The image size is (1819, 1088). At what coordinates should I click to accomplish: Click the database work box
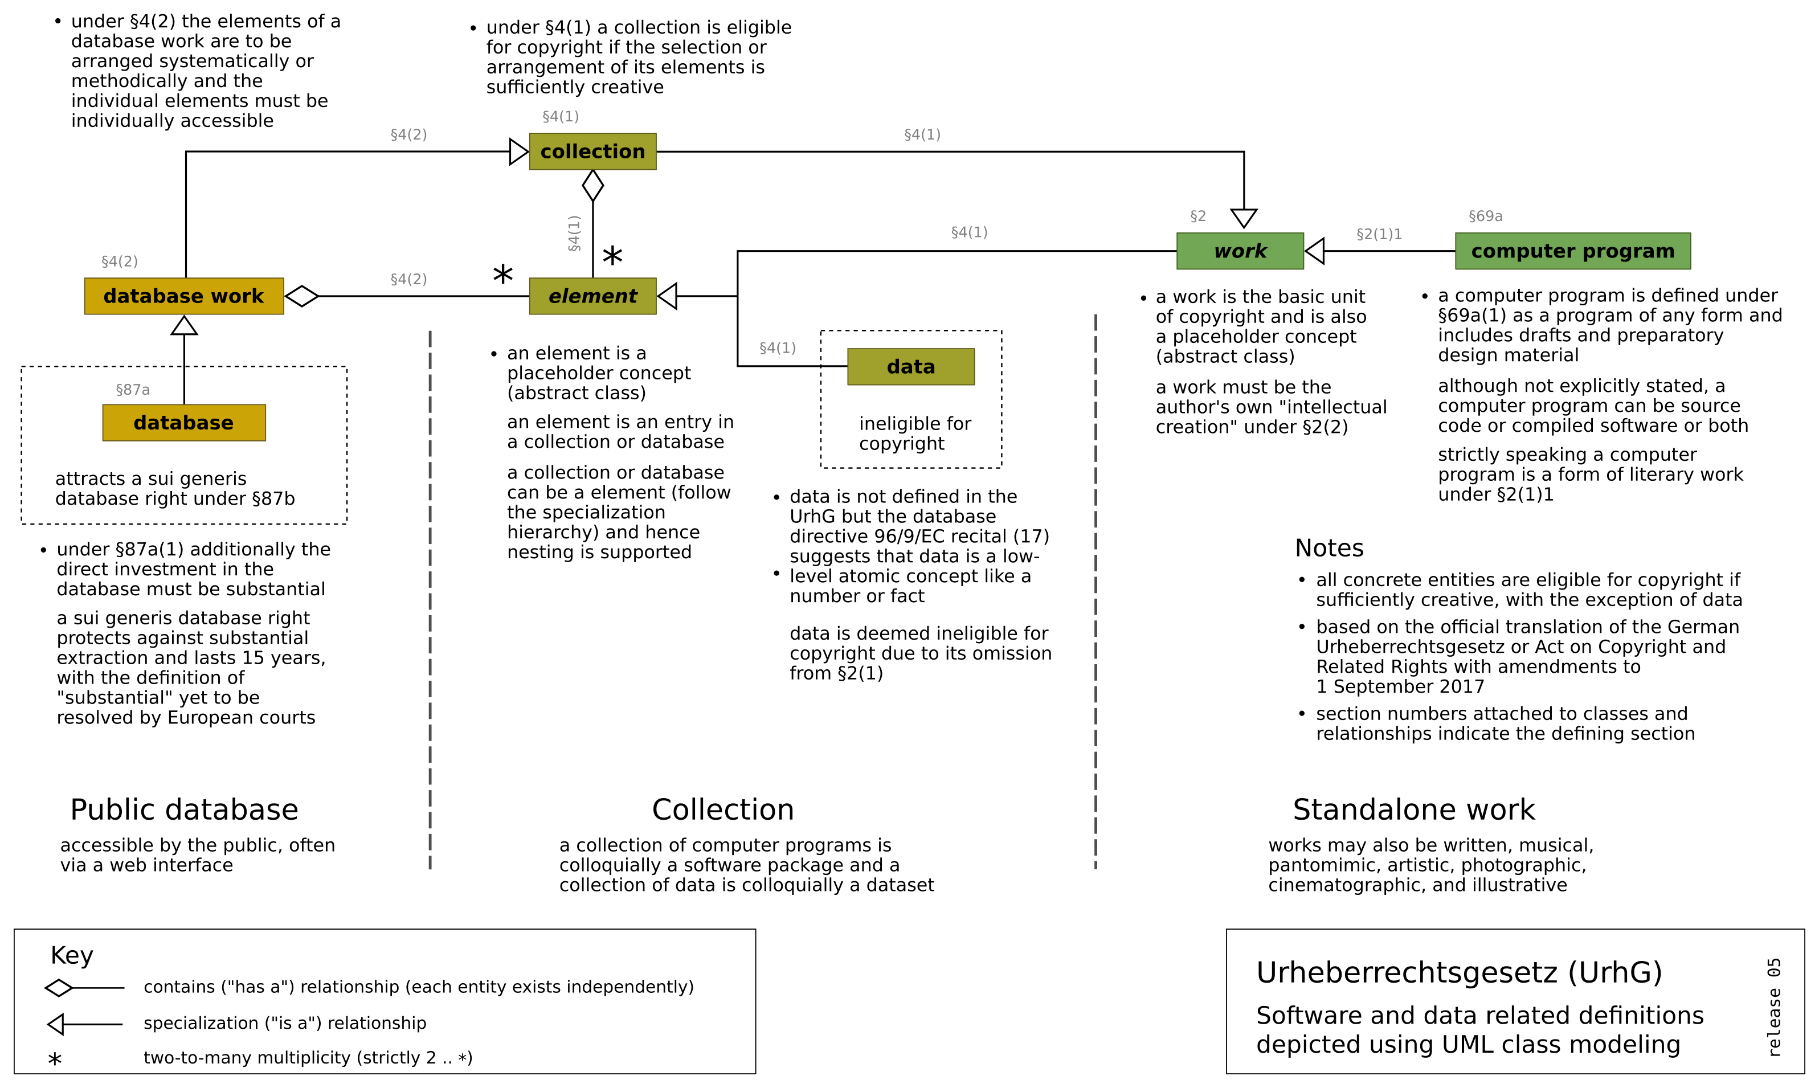pos(184,296)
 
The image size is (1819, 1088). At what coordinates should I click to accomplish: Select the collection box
pos(592,152)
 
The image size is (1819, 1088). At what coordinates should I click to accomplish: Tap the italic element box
pos(592,296)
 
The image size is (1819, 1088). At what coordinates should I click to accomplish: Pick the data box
pos(910,367)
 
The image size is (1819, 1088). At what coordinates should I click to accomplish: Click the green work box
pos(1240,251)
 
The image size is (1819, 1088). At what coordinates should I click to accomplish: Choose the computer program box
pos(1573,251)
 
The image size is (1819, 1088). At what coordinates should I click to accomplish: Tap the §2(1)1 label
pos(1379,235)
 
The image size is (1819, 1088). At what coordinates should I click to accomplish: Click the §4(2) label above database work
pos(120,261)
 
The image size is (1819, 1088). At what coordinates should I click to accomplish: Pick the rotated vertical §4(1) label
pos(574,233)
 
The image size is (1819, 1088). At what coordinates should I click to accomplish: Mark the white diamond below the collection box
pos(592,186)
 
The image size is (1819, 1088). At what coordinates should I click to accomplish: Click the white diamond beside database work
pos(301,296)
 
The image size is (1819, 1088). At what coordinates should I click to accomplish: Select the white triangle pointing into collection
pos(518,152)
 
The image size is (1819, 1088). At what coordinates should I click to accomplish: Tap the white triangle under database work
pos(184,326)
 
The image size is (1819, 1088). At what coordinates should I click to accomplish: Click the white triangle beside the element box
pos(669,296)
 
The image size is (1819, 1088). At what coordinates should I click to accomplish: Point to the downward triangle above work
pos(1244,217)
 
